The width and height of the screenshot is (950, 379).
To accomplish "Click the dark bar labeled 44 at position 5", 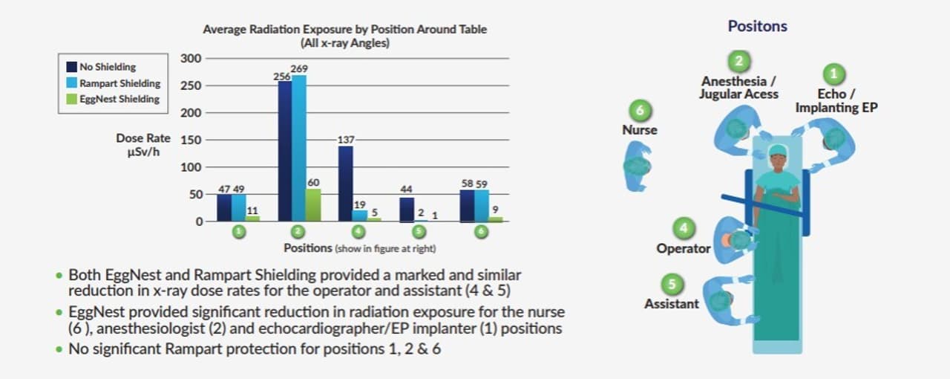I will tap(407, 210).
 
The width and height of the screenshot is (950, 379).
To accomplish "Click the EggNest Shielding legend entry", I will tap(119, 99).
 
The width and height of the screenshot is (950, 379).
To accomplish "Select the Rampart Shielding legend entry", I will tap(119, 82).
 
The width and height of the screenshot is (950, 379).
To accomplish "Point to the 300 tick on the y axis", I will tap(191, 59).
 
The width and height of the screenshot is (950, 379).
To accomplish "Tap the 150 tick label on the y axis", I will tap(191, 140).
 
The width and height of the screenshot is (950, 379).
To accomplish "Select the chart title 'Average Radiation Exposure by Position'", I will tap(345, 30).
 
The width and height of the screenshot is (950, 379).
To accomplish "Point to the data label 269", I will tap(300, 69).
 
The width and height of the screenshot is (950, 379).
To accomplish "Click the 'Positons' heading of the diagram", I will tap(757, 26).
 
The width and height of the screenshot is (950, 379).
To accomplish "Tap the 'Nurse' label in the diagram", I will tap(640, 129).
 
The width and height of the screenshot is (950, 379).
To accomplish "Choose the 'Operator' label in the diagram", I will tap(683, 248).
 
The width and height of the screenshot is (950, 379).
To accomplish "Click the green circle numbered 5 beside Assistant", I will tap(672, 285).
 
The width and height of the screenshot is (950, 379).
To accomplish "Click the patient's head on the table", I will tap(777, 153).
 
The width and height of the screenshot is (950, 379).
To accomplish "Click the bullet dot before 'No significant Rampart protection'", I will tap(59, 349).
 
